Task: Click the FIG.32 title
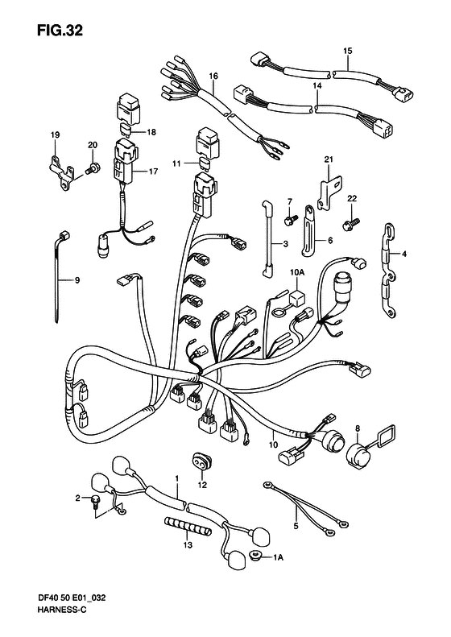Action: [60, 31]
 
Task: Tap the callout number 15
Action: [347, 51]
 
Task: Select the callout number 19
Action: [56, 134]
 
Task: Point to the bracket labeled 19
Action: [61, 172]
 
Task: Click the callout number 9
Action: [77, 280]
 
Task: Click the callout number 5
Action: [296, 527]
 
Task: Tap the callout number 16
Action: [213, 76]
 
